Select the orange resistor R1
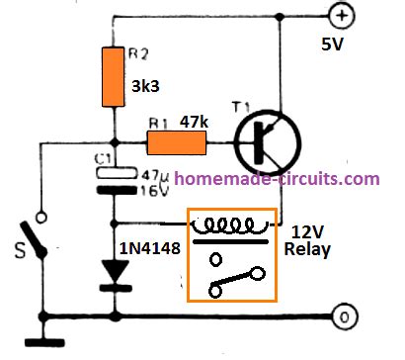pyautogui.click(x=176, y=144)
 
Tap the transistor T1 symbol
pyautogui.click(x=258, y=143)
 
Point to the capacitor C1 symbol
pyautogui.click(x=113, y=181)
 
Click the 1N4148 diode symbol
pyautogui.click(x=114, y=281)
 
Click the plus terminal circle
pyautogui.click(x=341, y=17)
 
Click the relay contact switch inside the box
pyautogui.click(x=237, y=280)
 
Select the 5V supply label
pyautogui.click(x=335, y=45)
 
